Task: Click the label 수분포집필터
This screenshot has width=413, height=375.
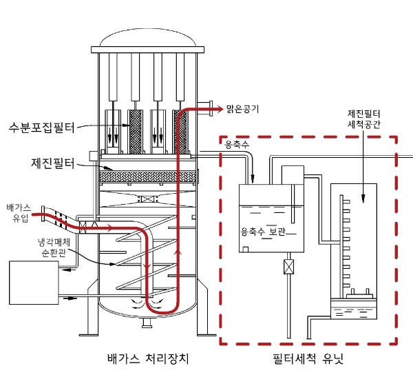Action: coord(41,127)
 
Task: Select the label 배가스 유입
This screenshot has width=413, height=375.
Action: coord(19,212)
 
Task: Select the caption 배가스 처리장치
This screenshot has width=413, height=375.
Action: coord(148,359)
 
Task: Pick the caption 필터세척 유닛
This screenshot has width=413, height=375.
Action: coord(307,359)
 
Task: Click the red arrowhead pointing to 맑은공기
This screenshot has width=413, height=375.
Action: coord(211,108)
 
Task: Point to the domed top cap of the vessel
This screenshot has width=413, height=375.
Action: coord(149,41)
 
